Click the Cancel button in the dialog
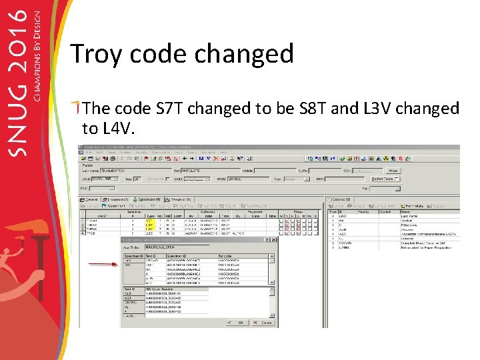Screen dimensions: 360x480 click(264, 323)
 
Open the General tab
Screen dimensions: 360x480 click(90, 199)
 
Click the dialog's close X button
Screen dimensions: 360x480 click(274, 239)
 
